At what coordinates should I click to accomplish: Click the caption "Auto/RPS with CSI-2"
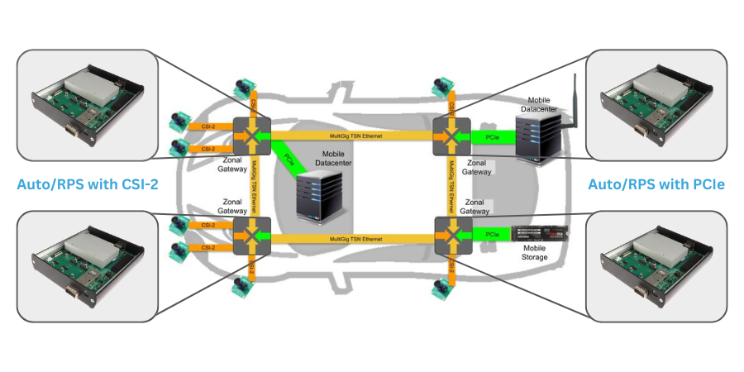coord(88,184)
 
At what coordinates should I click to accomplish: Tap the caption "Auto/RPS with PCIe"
coord(656,184)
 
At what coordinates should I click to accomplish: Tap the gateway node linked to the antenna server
coord(449,134)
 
